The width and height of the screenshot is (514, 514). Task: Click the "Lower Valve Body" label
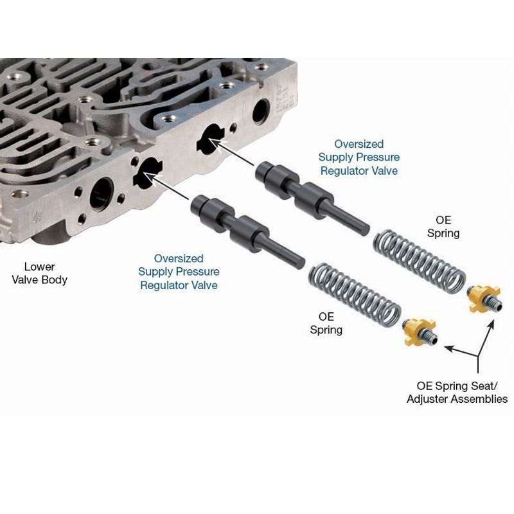click(40, 273)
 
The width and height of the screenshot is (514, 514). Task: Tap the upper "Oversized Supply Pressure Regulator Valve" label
click(359, 157)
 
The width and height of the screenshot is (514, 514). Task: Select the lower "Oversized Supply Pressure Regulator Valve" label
click(179, 272)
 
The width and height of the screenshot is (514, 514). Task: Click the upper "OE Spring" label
click(443, 227)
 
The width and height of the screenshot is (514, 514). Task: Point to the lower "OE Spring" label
click(326, 323)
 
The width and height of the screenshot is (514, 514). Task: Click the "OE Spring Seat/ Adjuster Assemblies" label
click(457, 393)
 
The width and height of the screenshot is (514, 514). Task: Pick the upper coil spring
click(420, 261)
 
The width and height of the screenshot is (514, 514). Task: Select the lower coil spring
click(355, 295)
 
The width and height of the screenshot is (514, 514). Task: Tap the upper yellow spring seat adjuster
click(484, 299)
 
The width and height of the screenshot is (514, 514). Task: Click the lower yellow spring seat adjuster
click(420, 332)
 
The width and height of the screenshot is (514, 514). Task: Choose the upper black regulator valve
click(312, 199)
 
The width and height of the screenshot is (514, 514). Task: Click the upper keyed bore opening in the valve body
click(211, 139)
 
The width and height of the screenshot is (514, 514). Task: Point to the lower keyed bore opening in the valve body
click(147, 173)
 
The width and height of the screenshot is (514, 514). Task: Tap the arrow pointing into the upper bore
click(231, 152)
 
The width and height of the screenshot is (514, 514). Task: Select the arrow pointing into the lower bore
click(166, 186)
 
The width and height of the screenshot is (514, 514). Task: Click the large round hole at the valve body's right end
click(261, 112)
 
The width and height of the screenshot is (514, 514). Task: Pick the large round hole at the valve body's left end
click(102, 195)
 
